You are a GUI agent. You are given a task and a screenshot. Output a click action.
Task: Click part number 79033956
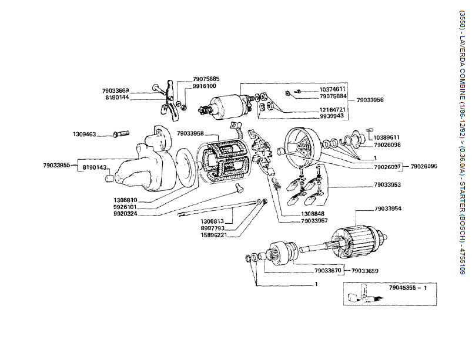tap(370, 100)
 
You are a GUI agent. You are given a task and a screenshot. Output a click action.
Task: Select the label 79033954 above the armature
tap(388, 208)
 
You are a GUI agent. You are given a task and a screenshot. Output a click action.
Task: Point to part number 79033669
tap(115, 90)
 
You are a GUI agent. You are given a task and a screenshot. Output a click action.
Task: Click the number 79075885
tap(206, 79)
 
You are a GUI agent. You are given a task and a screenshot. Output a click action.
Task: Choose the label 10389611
tap(387, 137)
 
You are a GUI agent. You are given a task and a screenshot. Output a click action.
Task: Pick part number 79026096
tap(424, 167)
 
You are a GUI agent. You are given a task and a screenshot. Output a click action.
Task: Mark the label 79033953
tap(387, 185)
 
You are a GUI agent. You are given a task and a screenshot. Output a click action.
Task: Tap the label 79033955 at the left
tap(56, 165)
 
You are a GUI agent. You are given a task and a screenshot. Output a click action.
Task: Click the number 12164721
tap(332, 109)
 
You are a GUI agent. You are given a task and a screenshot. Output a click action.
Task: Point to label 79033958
tap(190, 133)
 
